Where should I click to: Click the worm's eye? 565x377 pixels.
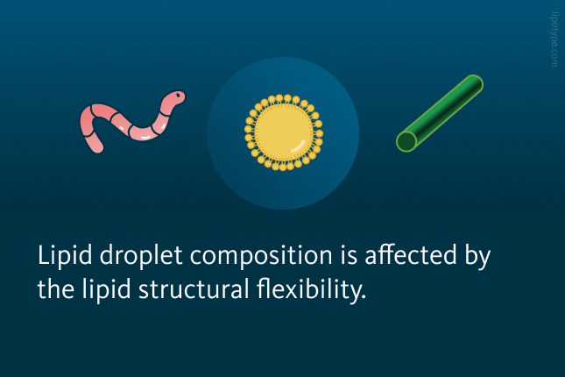coord(178,96)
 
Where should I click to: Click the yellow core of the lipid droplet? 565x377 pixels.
coord(284,132)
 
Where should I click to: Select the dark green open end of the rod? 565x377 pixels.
coord(406,142)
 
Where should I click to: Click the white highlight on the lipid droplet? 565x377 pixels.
coord(298,146)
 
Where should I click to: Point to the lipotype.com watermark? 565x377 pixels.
coord(554,39)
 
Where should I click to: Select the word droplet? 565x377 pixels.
coord(141,255)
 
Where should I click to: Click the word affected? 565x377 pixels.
coord(411,255)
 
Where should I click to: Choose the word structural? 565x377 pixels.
coord(194,289)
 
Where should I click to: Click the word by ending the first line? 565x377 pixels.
coord(477,257)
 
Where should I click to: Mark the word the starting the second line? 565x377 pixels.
coord(56,289)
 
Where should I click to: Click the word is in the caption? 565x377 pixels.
coord(349,255)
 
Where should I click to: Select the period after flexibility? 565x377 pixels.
coord(364,297)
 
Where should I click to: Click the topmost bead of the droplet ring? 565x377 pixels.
coord(287,98)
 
